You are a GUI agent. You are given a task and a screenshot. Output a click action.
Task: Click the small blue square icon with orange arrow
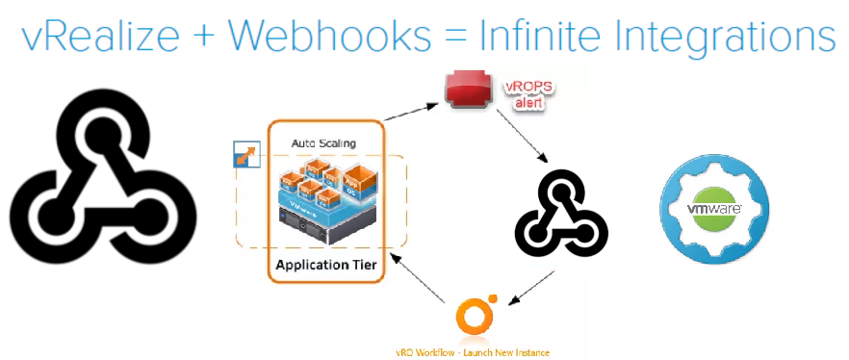click(246, 154)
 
